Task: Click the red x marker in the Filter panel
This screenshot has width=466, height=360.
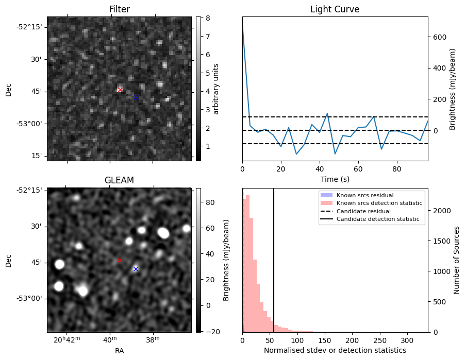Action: click(120, 90)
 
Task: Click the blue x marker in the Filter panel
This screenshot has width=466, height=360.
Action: click(136, 97)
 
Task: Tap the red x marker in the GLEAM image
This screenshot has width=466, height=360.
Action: click(120, 261)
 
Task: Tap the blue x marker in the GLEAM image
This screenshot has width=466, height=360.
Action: click(136, 269)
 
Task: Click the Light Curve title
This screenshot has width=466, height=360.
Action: click(335, 10)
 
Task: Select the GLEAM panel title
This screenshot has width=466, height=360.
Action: click(119, 180)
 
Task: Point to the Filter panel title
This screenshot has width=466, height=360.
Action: click(119, 10)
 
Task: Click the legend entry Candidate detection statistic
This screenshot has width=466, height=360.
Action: click(378, 220)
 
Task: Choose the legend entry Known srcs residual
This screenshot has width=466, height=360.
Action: click(365, 195)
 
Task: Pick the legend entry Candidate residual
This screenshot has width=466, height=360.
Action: click(363, 212)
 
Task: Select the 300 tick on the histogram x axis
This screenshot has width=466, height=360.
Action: click(406, 340)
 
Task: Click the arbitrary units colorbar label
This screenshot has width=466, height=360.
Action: click(216, 89)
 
